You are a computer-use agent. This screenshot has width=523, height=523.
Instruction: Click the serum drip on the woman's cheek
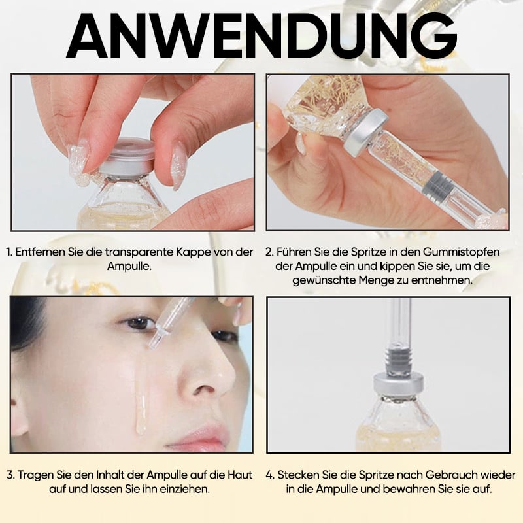point(141,405)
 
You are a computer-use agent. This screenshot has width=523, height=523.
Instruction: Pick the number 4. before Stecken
point(271,475)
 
